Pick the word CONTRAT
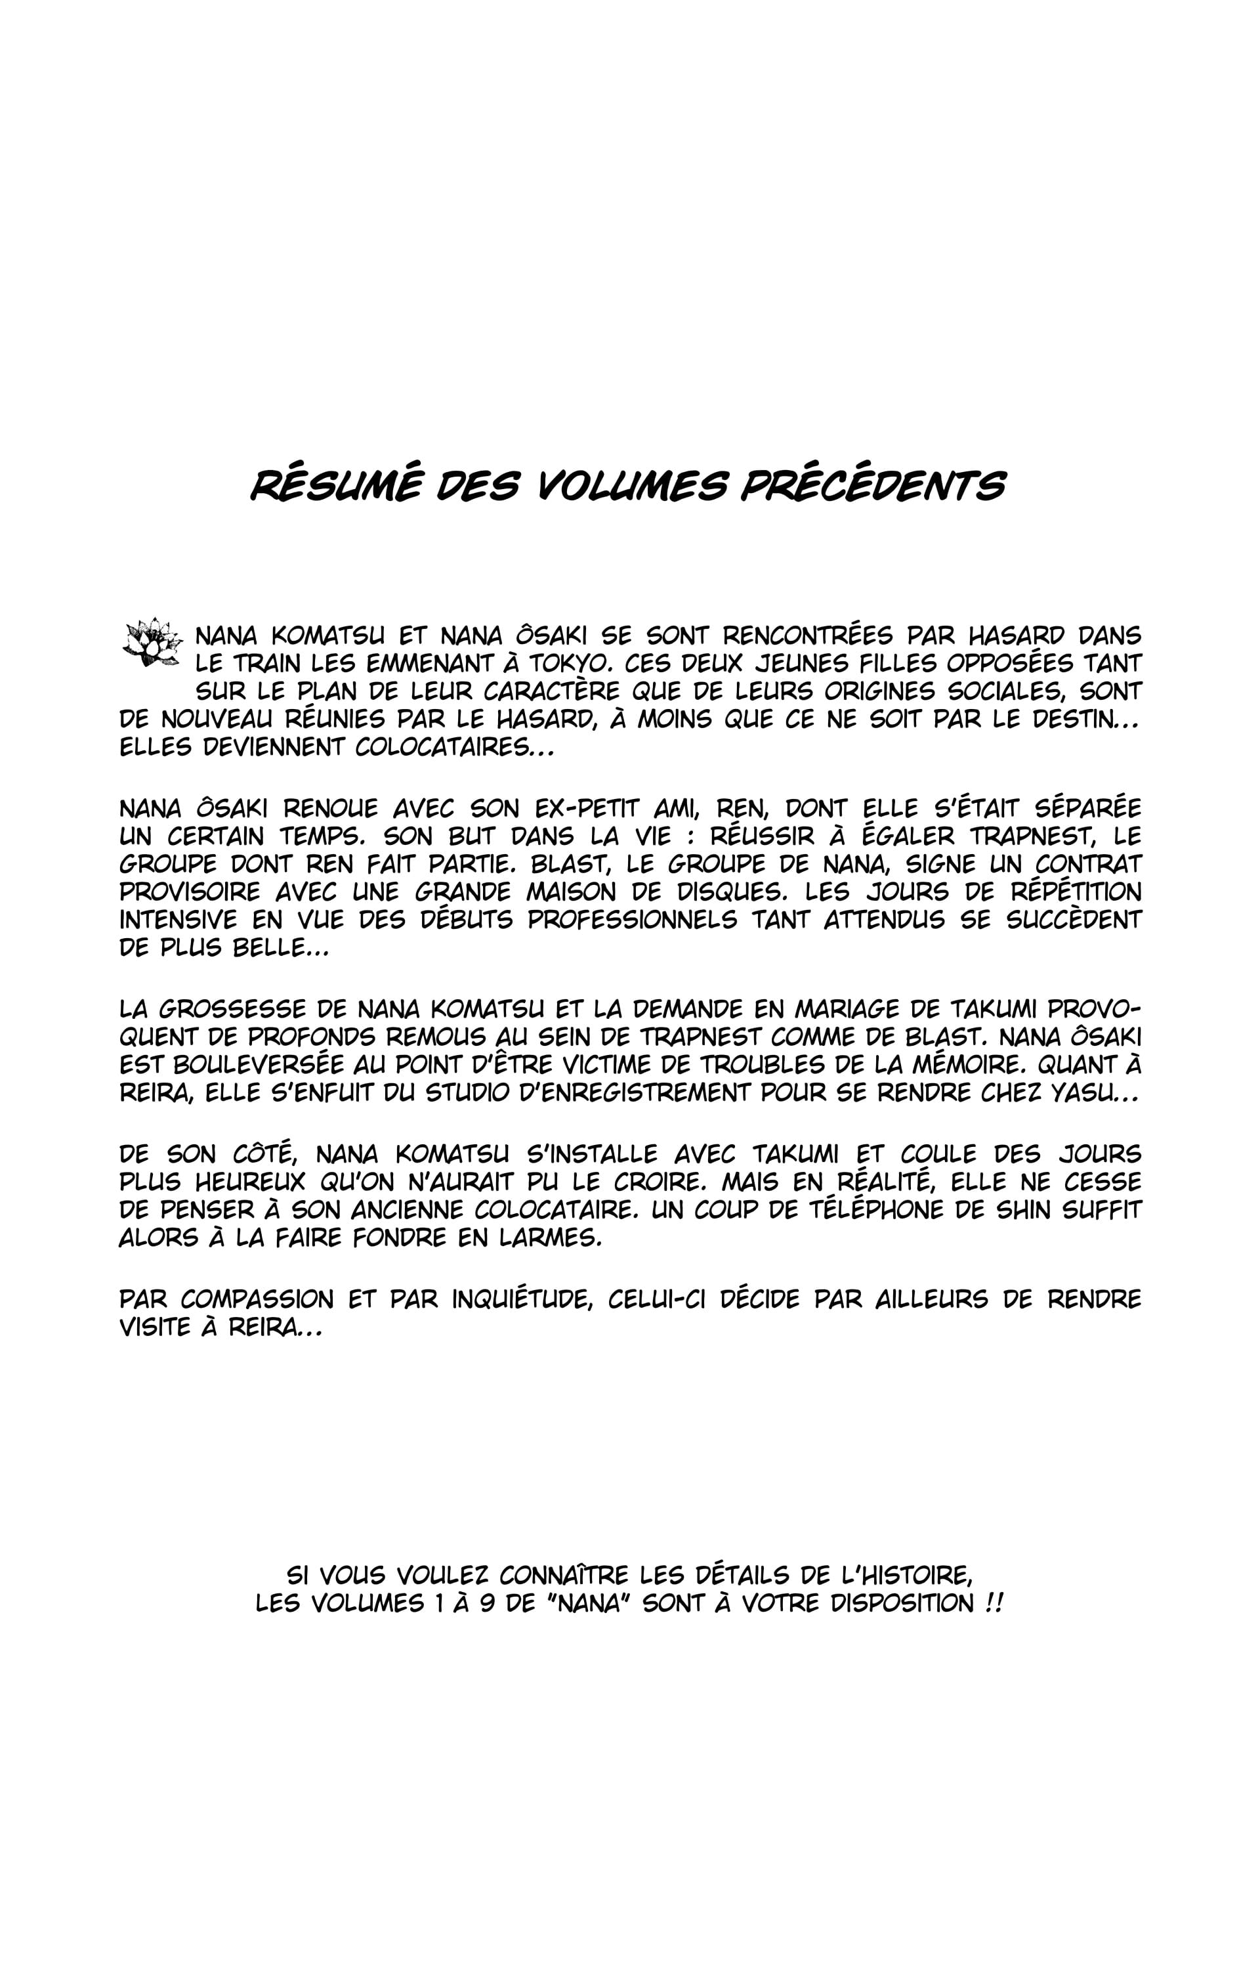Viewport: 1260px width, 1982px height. (1088, 864)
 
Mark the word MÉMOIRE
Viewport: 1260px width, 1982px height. (965, 1065)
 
